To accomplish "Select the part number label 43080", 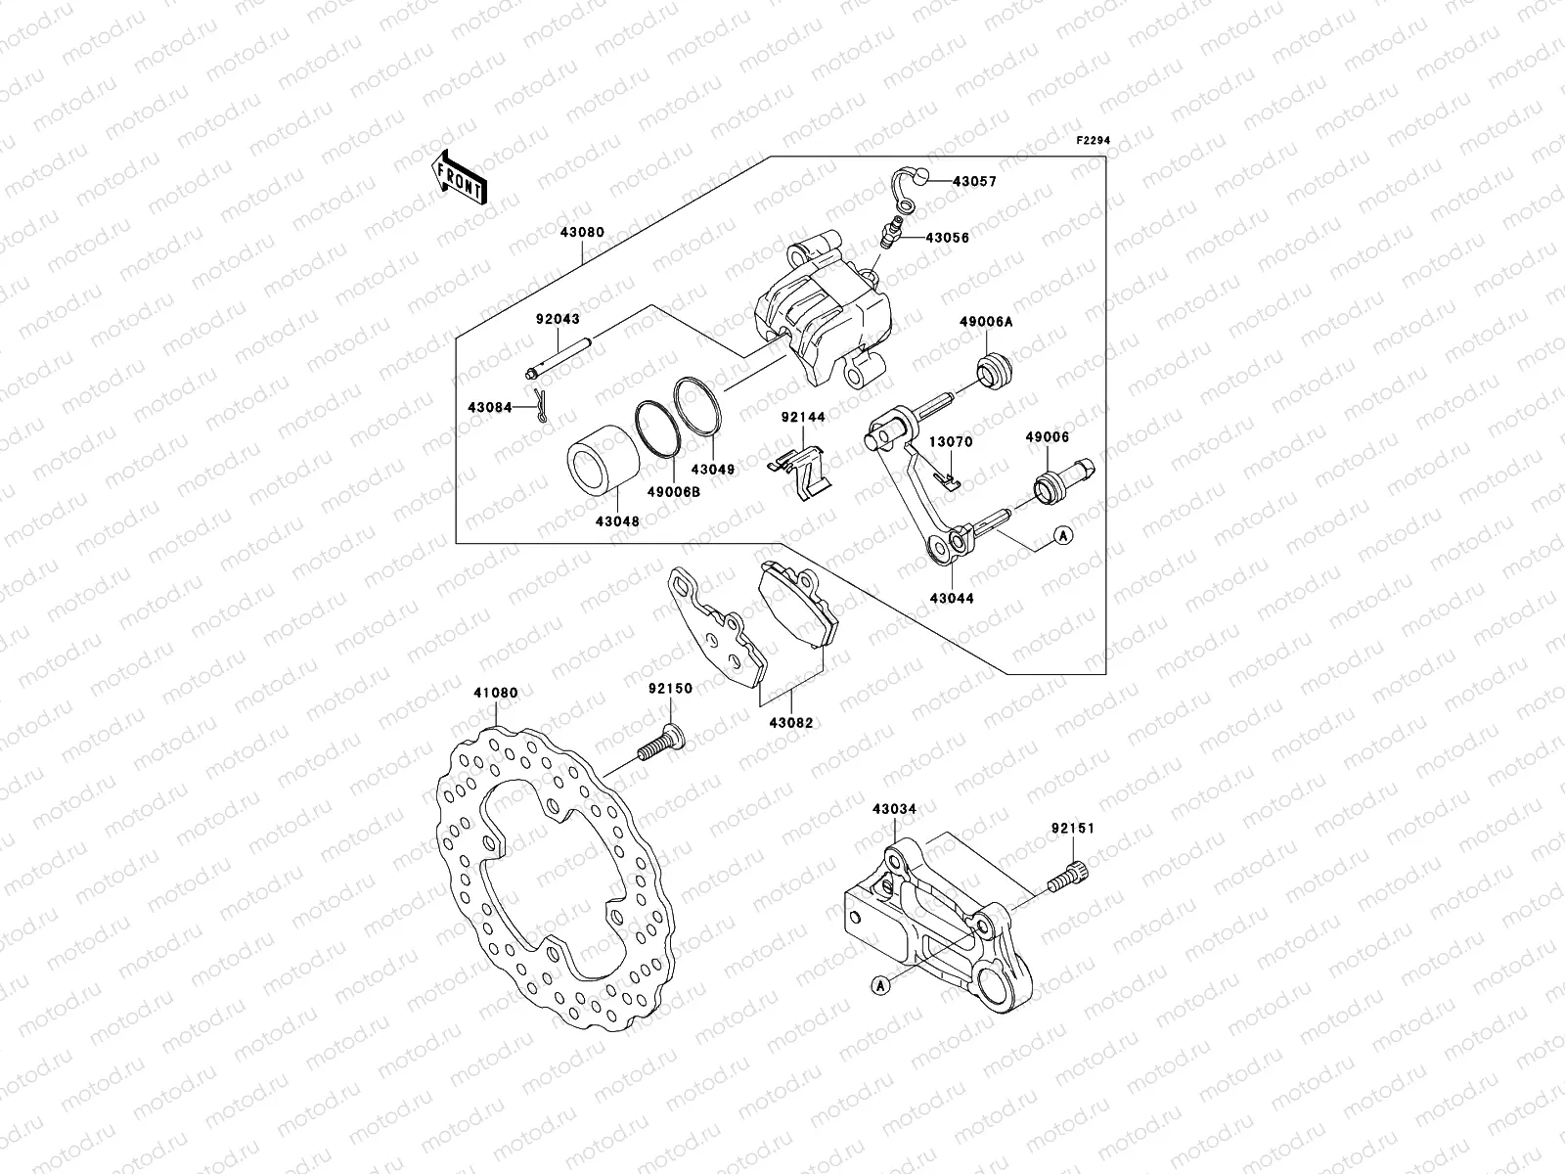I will [583, 233].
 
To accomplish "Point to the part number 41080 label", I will [495, 693].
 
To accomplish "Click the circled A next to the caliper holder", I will [1064, 535].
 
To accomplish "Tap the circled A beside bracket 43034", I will [880, 986].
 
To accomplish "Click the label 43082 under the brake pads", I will [790, 723].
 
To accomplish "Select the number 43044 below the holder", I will [952, 597].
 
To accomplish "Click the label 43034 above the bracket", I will [894, 809].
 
